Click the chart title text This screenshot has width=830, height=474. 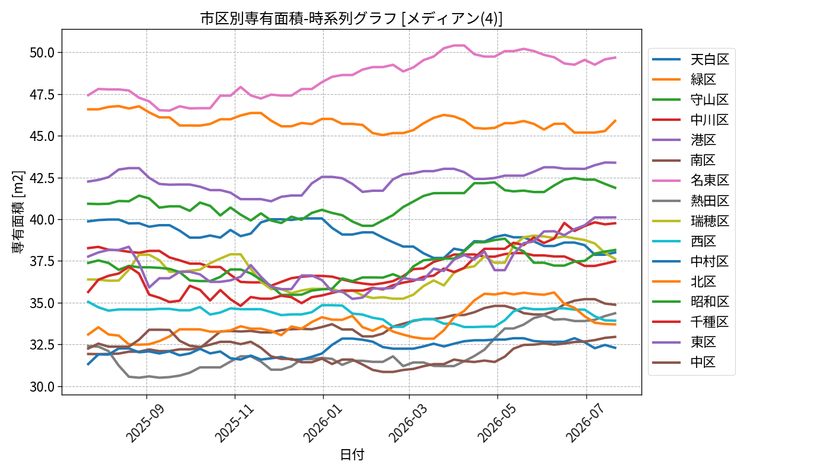(x=351, y=18)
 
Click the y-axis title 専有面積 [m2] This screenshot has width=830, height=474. (x=18, y=212)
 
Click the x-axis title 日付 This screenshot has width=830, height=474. (x=352, y=454)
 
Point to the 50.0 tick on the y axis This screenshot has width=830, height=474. (x=42, y=53)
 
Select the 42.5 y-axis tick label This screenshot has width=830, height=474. (x=42, y=178)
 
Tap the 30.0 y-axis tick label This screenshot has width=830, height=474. (x=42, y=387)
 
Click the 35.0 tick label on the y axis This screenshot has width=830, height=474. (x=42, y=303)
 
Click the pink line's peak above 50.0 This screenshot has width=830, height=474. (x=459, y=45)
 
